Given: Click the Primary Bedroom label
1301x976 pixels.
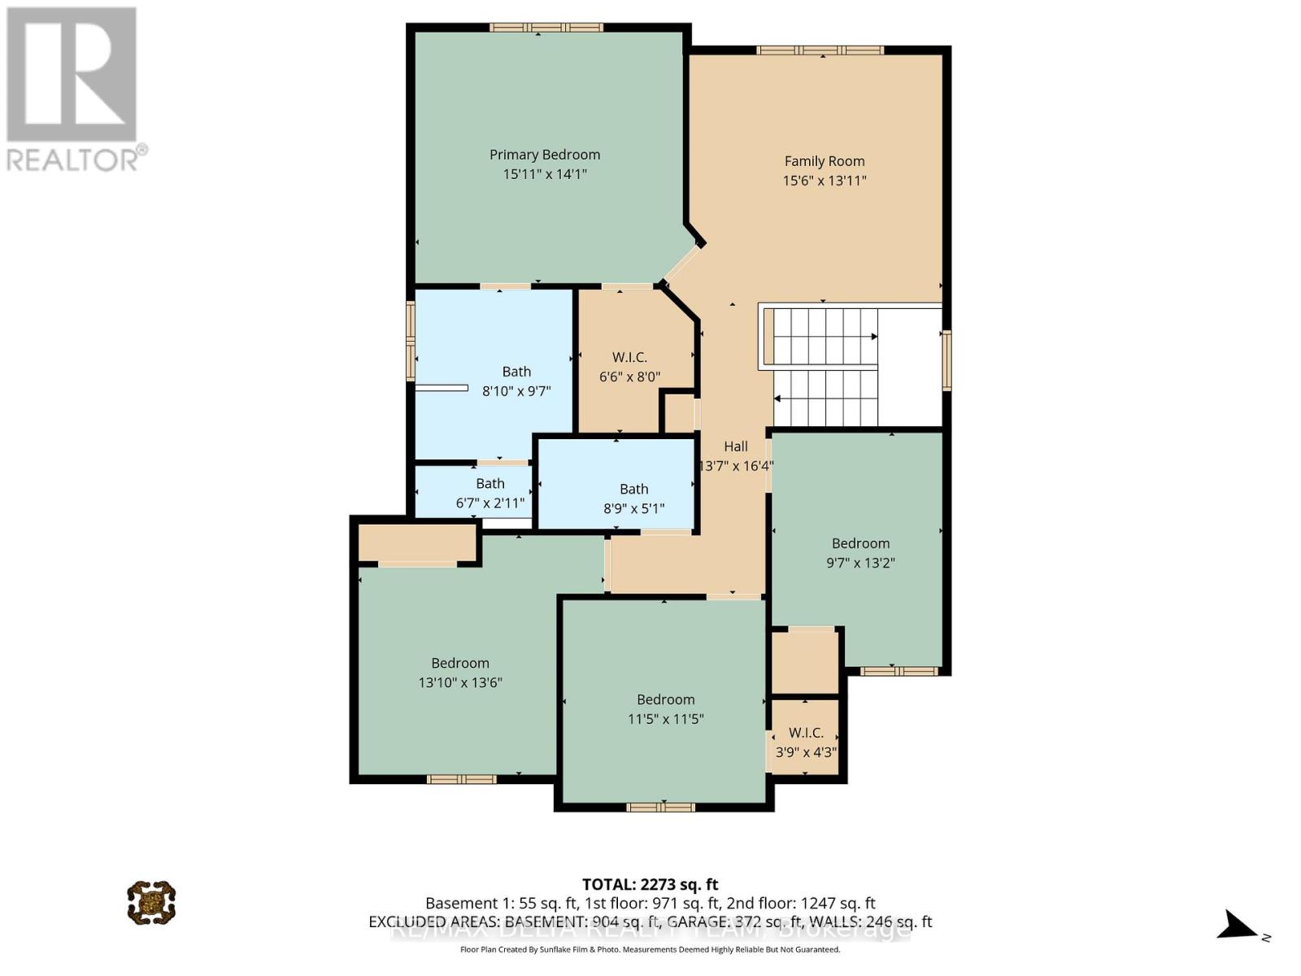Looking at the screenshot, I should click(544, 155).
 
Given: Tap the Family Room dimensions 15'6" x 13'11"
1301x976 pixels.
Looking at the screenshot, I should click(824, 181).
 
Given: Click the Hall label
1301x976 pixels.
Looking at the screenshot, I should click(735, 447).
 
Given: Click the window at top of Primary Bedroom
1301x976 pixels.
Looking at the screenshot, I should click(546, 28).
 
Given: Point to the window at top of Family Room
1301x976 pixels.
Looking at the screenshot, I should click(820, 50).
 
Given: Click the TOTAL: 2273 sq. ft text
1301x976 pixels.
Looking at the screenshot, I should click(650, 884).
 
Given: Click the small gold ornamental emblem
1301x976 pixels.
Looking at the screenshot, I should click(151, 902).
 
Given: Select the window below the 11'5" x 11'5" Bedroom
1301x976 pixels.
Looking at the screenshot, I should click(660, 807).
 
